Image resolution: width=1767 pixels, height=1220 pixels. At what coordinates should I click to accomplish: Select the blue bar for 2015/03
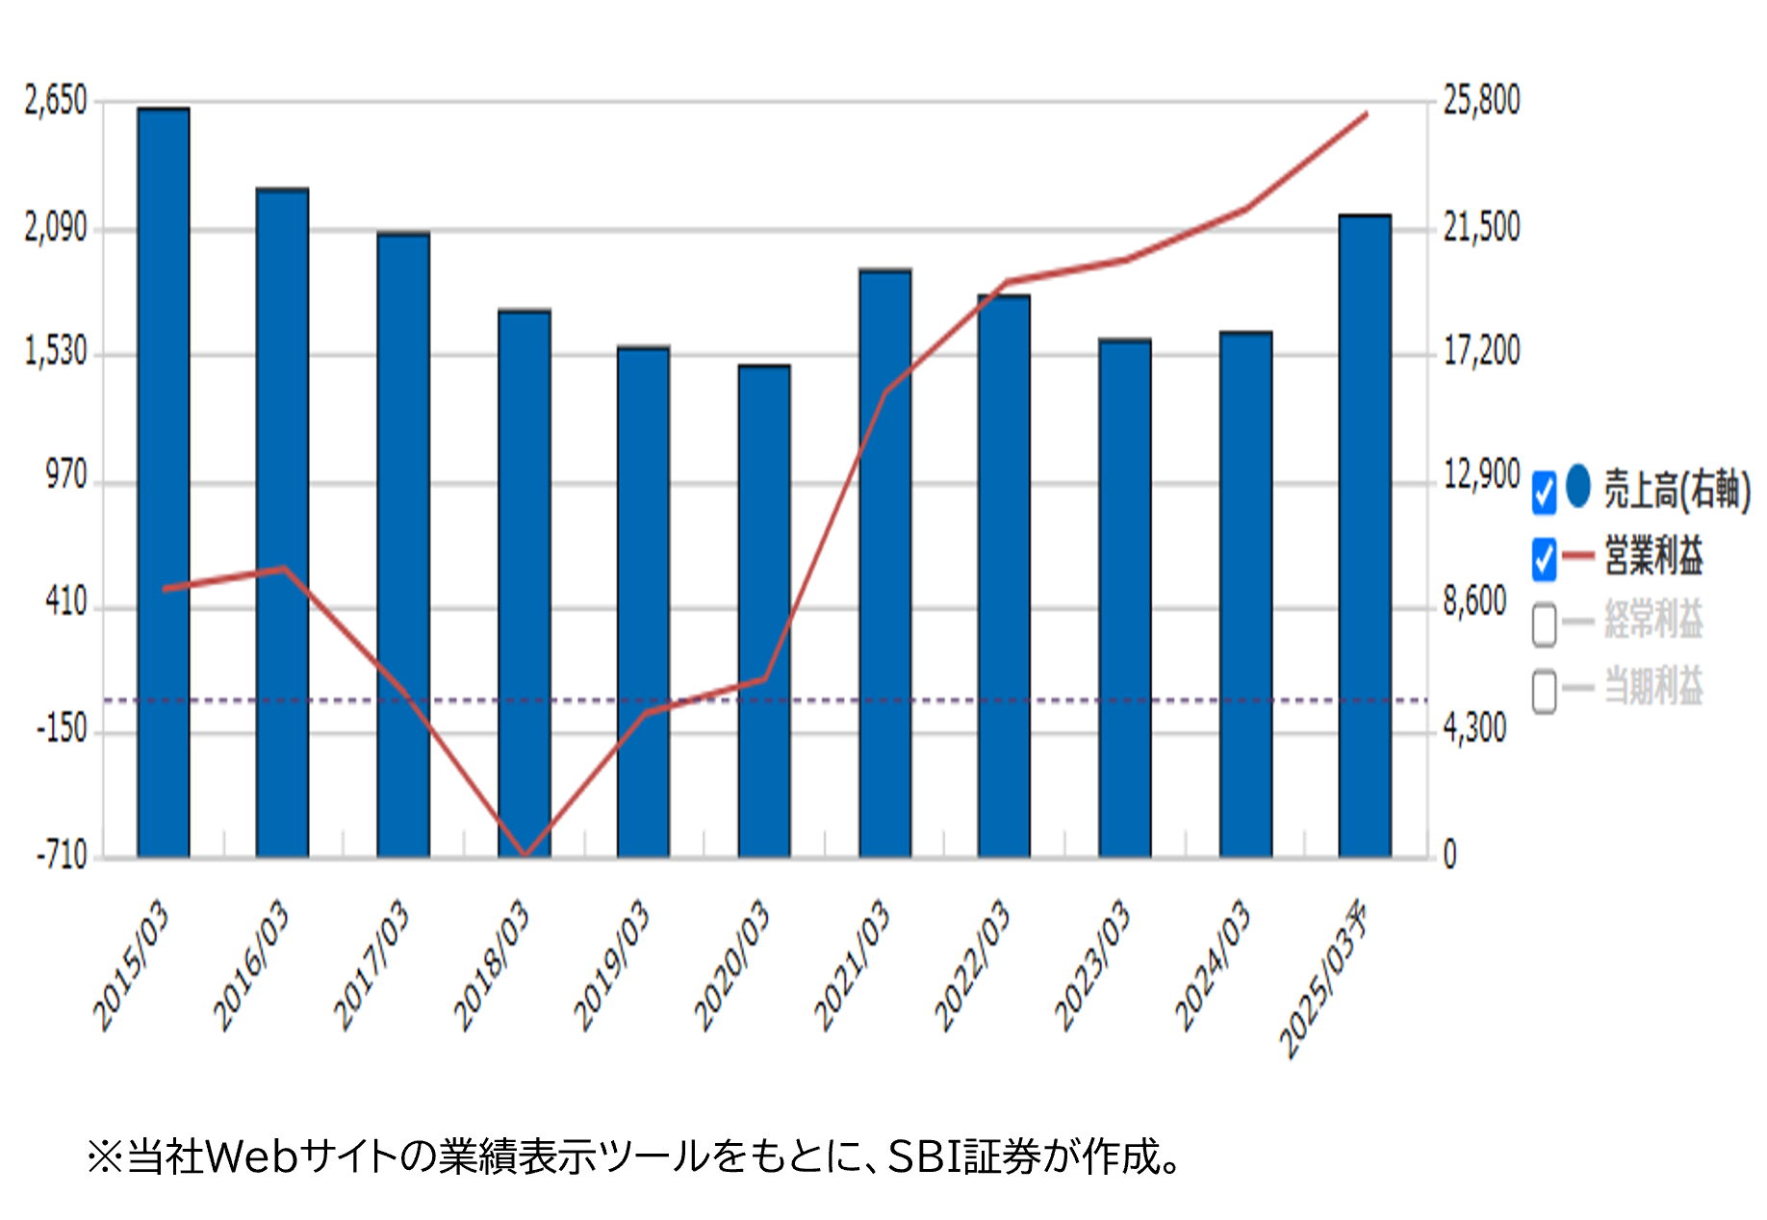[x=163, y=481]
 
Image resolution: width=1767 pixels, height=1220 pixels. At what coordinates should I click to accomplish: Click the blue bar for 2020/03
[x=764, y=611]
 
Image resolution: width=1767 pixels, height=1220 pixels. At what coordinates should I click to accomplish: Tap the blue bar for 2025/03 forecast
[x=1365, y=535]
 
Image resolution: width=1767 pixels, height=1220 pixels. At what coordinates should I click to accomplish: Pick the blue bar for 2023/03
[x=1125, y=597]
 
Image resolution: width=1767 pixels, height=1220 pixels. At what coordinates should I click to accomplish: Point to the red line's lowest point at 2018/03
[x=525, y=854]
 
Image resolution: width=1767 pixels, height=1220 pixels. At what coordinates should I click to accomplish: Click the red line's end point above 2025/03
[x=1366, y=114]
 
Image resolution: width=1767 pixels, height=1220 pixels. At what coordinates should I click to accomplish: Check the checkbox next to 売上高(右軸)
[x=1544, y=492]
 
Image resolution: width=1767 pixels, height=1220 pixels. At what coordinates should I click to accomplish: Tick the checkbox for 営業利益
[x=1544, y=559]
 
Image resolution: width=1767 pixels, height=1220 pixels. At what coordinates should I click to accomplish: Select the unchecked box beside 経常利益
[x=1544, y=623]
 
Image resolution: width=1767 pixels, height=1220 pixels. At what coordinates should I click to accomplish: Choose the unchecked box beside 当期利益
[x=1544, y=691]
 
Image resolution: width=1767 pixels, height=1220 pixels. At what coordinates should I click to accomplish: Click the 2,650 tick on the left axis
[x=56, y=101]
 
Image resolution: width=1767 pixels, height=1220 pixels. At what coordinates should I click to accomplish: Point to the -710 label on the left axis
[x=62, y=855]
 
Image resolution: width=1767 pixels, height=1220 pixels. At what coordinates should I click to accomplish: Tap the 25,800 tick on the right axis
[x=1481, y=100]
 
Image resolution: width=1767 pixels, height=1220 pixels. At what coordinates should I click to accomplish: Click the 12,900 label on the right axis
[x=1481, y=474]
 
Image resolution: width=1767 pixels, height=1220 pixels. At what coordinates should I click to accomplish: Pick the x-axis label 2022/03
[x=973, y=964]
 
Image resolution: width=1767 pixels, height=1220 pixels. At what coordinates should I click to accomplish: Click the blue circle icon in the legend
[x=1578, y=486]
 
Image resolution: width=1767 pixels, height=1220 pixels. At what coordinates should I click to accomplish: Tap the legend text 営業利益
[x=1653, y=557]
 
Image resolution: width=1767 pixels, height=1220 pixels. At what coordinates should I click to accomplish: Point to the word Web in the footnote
[x=251, y=1157]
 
